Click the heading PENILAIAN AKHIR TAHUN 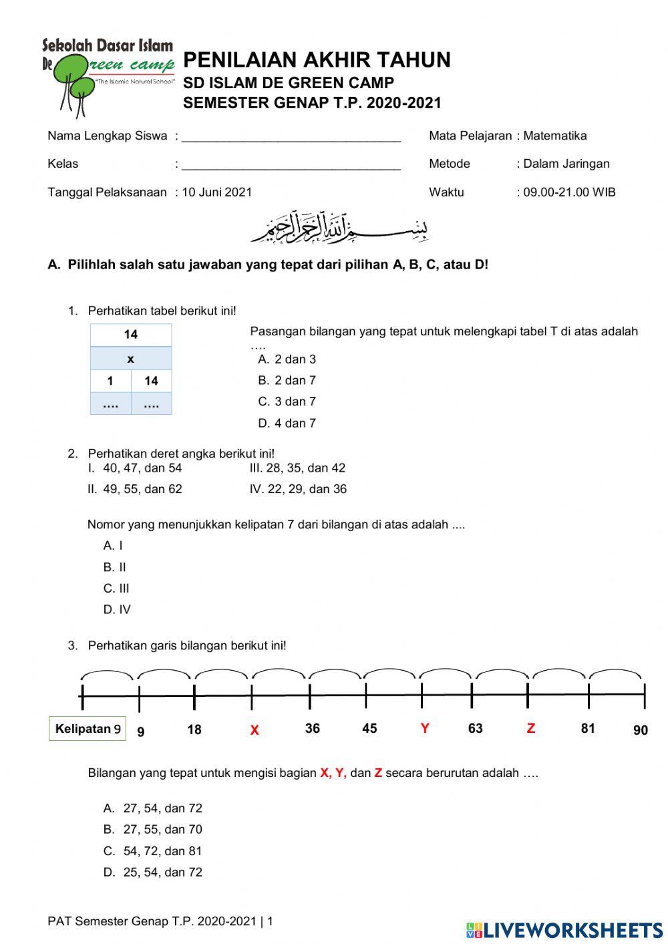(x=317, y=60)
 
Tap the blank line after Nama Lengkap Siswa (x=291, y=137)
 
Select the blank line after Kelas (x=291, y=165)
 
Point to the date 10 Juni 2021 (x=217, y=192)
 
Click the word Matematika (x=554, y=136)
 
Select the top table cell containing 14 (x=131, y=335)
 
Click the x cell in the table (x=131, y=359)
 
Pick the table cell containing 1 (x=110, y=381)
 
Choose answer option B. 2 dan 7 (x=287, y=380)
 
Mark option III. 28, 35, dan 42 (x=297, y=468)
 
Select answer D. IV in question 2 (x=117, y=609)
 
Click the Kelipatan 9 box (x=88, y=728)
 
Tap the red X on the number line (x=255, y=730)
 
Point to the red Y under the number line (x=425, y=728)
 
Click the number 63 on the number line (x=475, y=728)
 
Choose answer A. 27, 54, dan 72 (x=153, y=808)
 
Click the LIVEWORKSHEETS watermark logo (x=564, y=930)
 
